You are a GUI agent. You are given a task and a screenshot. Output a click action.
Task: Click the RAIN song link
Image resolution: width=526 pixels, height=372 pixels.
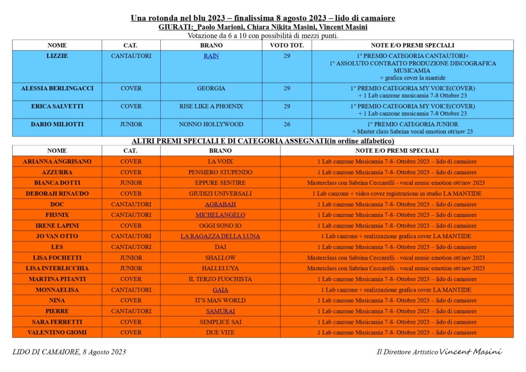(x=211, y=56)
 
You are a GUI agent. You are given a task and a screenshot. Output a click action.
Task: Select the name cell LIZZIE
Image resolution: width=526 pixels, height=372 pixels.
(x=57, y=56)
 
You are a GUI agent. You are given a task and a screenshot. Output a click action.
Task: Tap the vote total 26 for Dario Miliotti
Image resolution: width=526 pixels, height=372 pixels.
(x=287, y=124)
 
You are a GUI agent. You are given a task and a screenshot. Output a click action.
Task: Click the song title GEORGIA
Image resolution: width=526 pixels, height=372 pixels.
(x=211, y=88)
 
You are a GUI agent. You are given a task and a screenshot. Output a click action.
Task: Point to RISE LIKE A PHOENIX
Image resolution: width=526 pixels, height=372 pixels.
(x=211, y=106)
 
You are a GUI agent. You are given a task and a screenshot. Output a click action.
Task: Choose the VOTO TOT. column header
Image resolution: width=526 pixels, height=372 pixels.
(x=287, y=45)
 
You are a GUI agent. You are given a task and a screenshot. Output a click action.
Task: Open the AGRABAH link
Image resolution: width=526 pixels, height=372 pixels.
(x=220, y=204)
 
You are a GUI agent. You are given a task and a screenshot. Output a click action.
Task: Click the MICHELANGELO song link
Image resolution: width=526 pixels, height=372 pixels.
(x=220, y=215)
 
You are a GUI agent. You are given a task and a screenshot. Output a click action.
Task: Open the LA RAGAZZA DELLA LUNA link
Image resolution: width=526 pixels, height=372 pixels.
(x=220, y=236)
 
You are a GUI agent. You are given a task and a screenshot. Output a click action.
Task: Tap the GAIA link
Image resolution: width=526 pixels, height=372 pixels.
(x=220, y=290)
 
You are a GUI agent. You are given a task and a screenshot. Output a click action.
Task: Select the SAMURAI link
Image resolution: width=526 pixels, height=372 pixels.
(x=220, y=311)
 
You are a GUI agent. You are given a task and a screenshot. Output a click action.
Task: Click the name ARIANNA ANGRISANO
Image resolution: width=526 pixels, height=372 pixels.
(x=57, y=161)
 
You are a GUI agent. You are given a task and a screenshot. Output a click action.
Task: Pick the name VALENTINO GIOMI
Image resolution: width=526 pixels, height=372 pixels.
(x=57, y=332)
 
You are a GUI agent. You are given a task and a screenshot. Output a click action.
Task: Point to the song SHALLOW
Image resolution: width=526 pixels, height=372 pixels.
(x=220, y=258)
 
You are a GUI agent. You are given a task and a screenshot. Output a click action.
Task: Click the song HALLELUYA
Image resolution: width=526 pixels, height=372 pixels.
(x=220, y=268)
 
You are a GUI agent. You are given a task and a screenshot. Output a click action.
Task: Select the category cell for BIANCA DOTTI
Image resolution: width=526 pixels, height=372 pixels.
(x=131, y=183)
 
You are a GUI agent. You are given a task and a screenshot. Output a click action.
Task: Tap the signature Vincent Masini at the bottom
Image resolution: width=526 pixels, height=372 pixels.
(x=471, y=352)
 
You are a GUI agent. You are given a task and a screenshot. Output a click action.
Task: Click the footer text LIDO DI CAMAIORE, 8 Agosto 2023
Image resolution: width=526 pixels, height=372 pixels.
(x=69, y=352)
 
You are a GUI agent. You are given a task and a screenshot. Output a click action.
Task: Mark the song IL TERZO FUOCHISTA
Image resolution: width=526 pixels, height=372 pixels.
(x=220, y=279)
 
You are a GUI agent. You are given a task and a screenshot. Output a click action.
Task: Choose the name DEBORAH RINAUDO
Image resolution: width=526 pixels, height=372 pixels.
(x=57, y=194)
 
